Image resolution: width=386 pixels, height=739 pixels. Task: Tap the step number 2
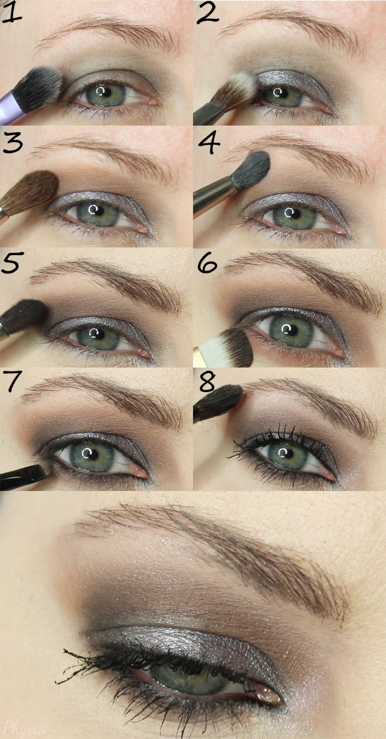pos(207,12)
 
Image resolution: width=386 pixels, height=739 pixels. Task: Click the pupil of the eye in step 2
pos(283,93)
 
